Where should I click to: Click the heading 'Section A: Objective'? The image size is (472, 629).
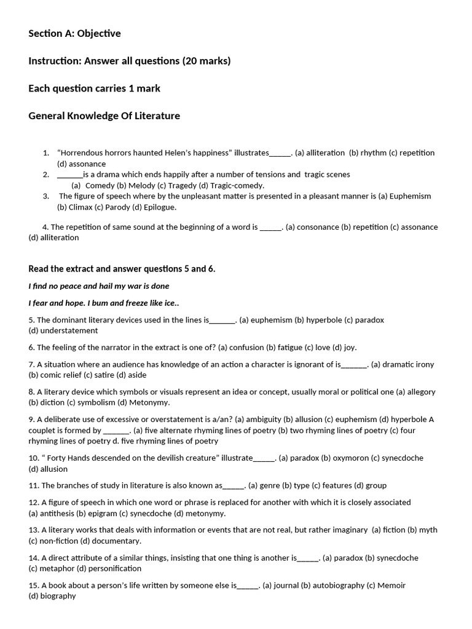pos(74,34)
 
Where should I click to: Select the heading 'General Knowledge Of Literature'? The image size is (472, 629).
pos(104,115)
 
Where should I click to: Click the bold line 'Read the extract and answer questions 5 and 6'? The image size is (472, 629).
pos(122,269)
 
